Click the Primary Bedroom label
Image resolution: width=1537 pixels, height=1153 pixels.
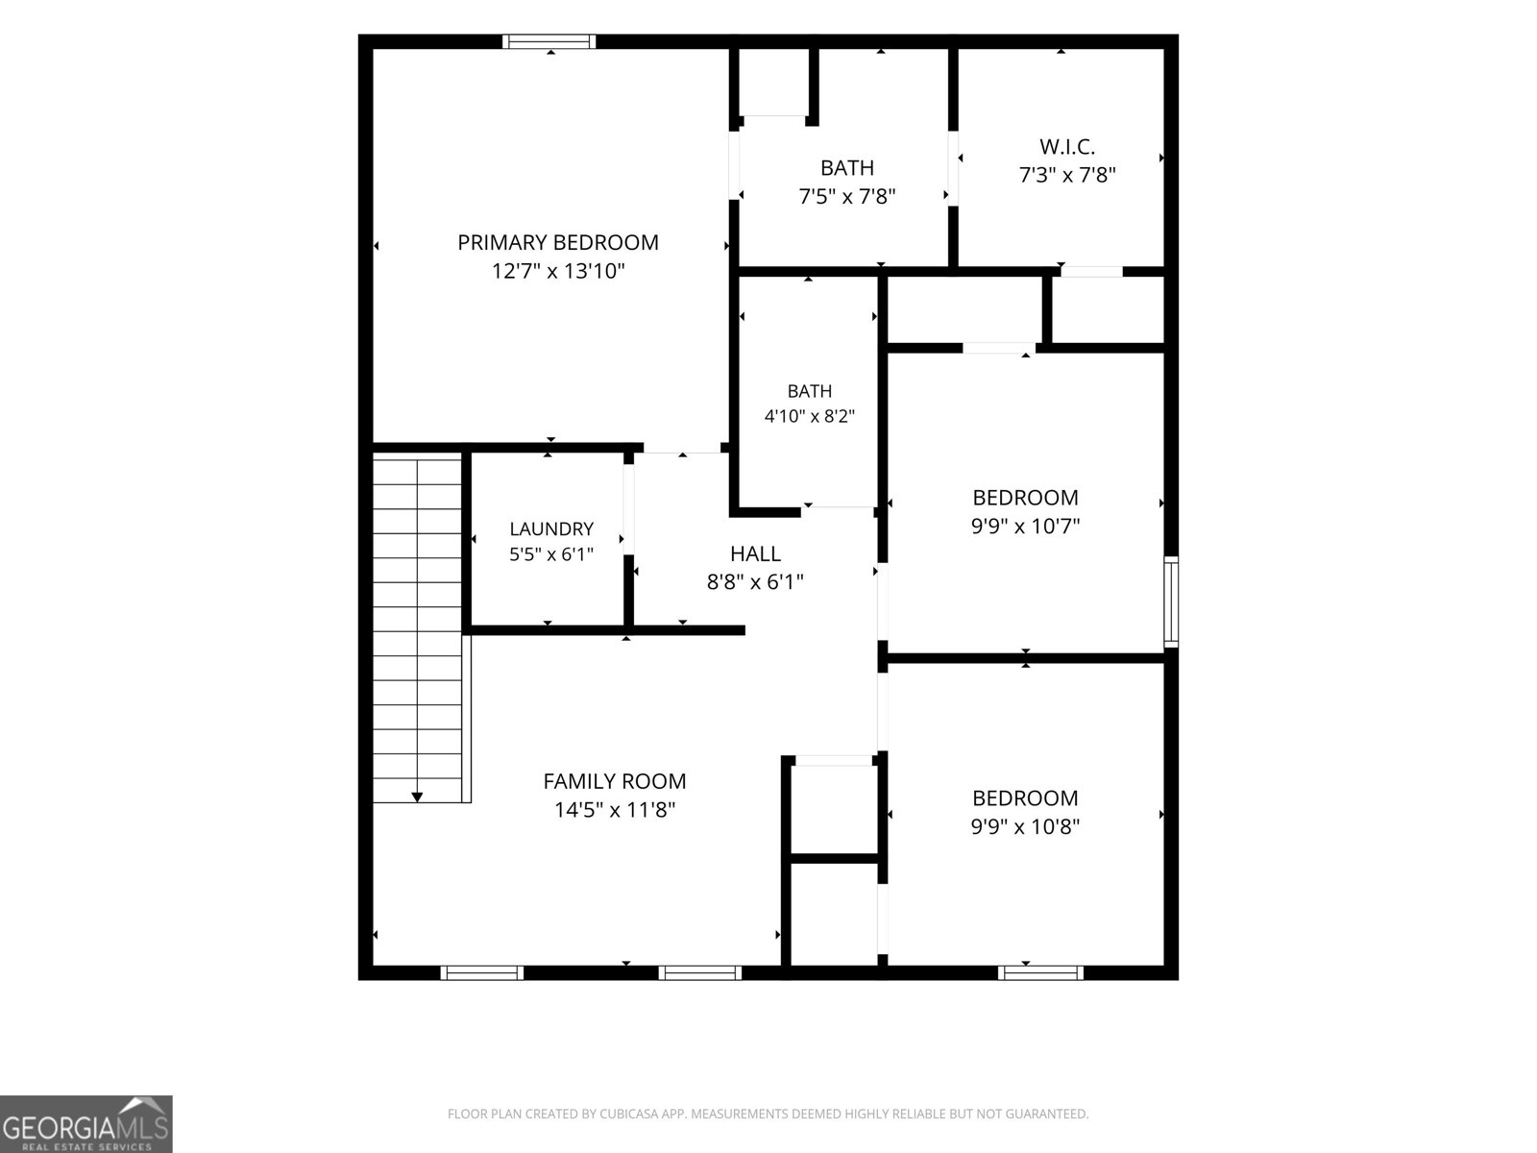coord(558,242)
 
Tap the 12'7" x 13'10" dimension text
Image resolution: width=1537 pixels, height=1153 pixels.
coord(558,271)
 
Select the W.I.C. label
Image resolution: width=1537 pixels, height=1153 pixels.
coord(1067,147)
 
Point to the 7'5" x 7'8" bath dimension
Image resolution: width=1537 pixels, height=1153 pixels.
coord(847,197)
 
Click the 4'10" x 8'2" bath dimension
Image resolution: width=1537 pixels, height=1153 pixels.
coord(810,417)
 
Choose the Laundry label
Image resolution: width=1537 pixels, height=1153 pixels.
coord(551,528)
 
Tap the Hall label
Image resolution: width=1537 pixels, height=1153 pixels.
coord(756,553)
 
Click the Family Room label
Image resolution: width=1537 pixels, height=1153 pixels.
coord(615,781)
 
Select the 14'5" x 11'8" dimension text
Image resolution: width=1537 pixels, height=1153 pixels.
coord(615,810)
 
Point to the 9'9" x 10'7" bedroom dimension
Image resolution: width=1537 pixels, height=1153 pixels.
coord(1025,526)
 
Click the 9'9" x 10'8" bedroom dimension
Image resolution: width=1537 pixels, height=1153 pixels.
coord(1025,826)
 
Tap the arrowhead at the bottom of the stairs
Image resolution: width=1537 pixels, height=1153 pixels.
coord(417,797)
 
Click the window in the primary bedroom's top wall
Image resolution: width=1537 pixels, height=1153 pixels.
coord(549,41)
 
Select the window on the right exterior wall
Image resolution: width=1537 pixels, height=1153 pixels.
coord(1171,601)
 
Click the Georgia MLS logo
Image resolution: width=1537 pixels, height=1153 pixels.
coord(86,1123)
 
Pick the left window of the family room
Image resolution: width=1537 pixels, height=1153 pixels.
coord(482,972)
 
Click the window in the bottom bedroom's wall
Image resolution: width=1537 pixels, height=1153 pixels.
coord(1040,972)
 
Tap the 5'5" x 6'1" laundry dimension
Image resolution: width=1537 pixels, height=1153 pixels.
coord(551,554)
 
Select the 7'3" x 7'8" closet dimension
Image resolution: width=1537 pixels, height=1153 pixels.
coord(1067,175)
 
